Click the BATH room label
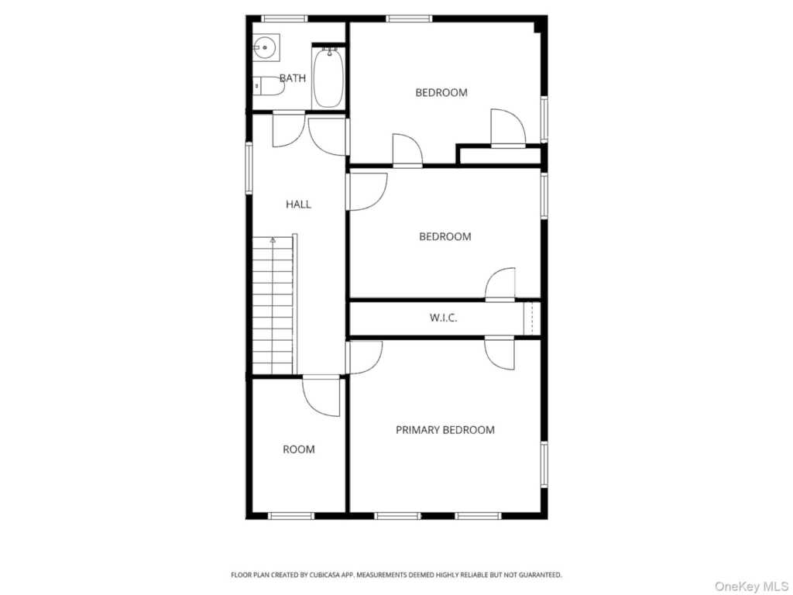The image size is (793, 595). click(x=293, y=78)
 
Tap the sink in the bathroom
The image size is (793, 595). click(x=265, y=47)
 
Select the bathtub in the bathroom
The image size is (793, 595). click(x=328, y=77)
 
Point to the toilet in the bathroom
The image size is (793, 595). click(x=268, y=86)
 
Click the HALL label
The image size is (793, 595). click(x=298, y=205)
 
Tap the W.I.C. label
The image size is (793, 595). click(x=444, y=318)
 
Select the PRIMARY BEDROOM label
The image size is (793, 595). click(x=445, y=430)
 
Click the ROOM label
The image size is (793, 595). click(x=299, y=449)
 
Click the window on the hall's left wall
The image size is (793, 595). click(x=249, y=168)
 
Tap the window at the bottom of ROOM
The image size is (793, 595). click(x=291, y=516)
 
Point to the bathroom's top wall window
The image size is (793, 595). click(x=284, y=19)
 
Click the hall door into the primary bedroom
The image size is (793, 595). click(x=364, y=357)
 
